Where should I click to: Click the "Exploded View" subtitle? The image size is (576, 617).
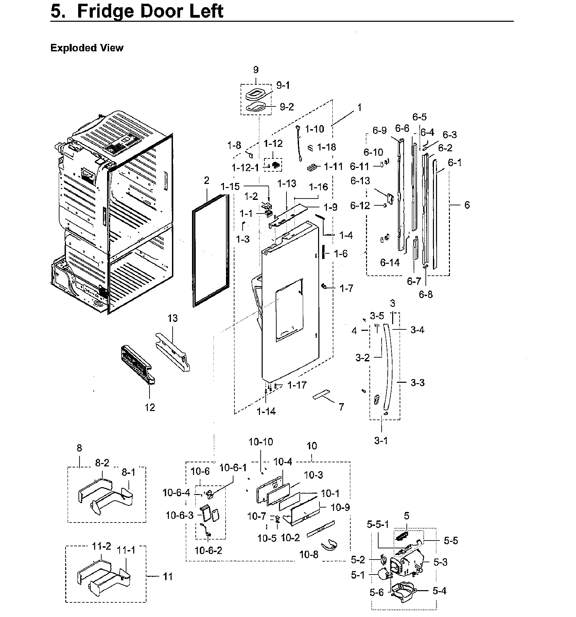87,48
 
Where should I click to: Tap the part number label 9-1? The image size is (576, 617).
283,85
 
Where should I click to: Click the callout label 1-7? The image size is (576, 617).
346,289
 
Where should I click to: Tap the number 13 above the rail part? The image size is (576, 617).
172,319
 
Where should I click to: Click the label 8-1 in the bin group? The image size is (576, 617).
128,472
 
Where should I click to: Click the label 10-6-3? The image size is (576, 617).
179,515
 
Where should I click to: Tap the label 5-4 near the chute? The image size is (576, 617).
439,591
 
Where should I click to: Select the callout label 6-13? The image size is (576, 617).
360,181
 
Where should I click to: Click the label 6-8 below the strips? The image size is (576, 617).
425,294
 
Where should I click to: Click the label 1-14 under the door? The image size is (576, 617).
266,411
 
